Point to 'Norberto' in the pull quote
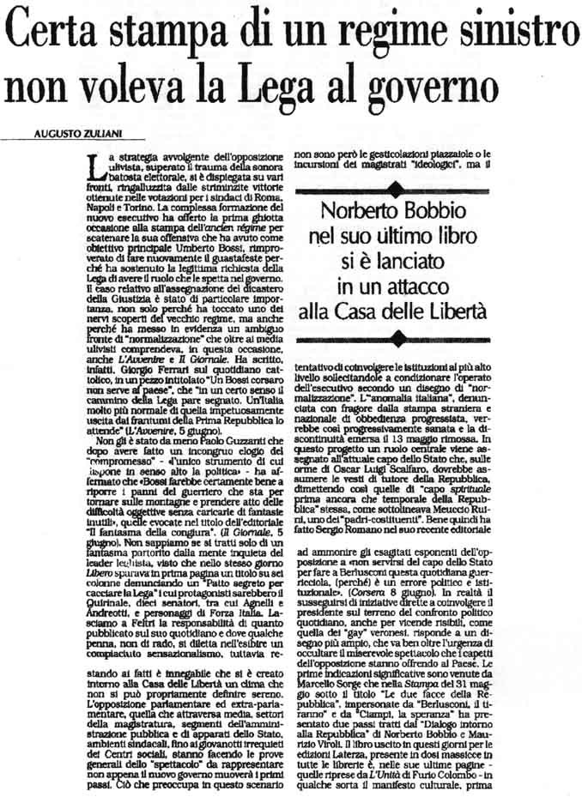(x=370, y=211)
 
